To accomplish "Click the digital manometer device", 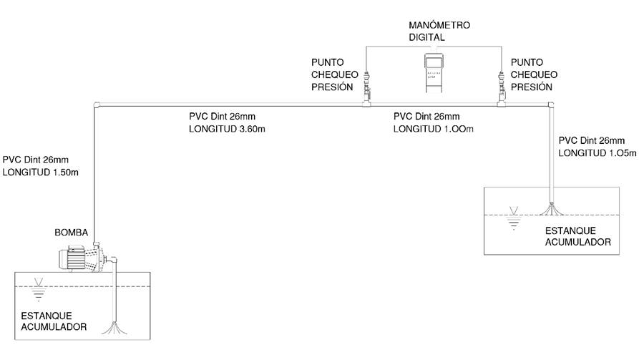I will [434, 72].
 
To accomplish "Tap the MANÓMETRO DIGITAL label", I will [434, 31].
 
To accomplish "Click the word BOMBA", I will [72, 233].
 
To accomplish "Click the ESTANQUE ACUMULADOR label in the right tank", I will [578, 237].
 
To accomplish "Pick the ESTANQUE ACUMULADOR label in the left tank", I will [54, 321].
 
